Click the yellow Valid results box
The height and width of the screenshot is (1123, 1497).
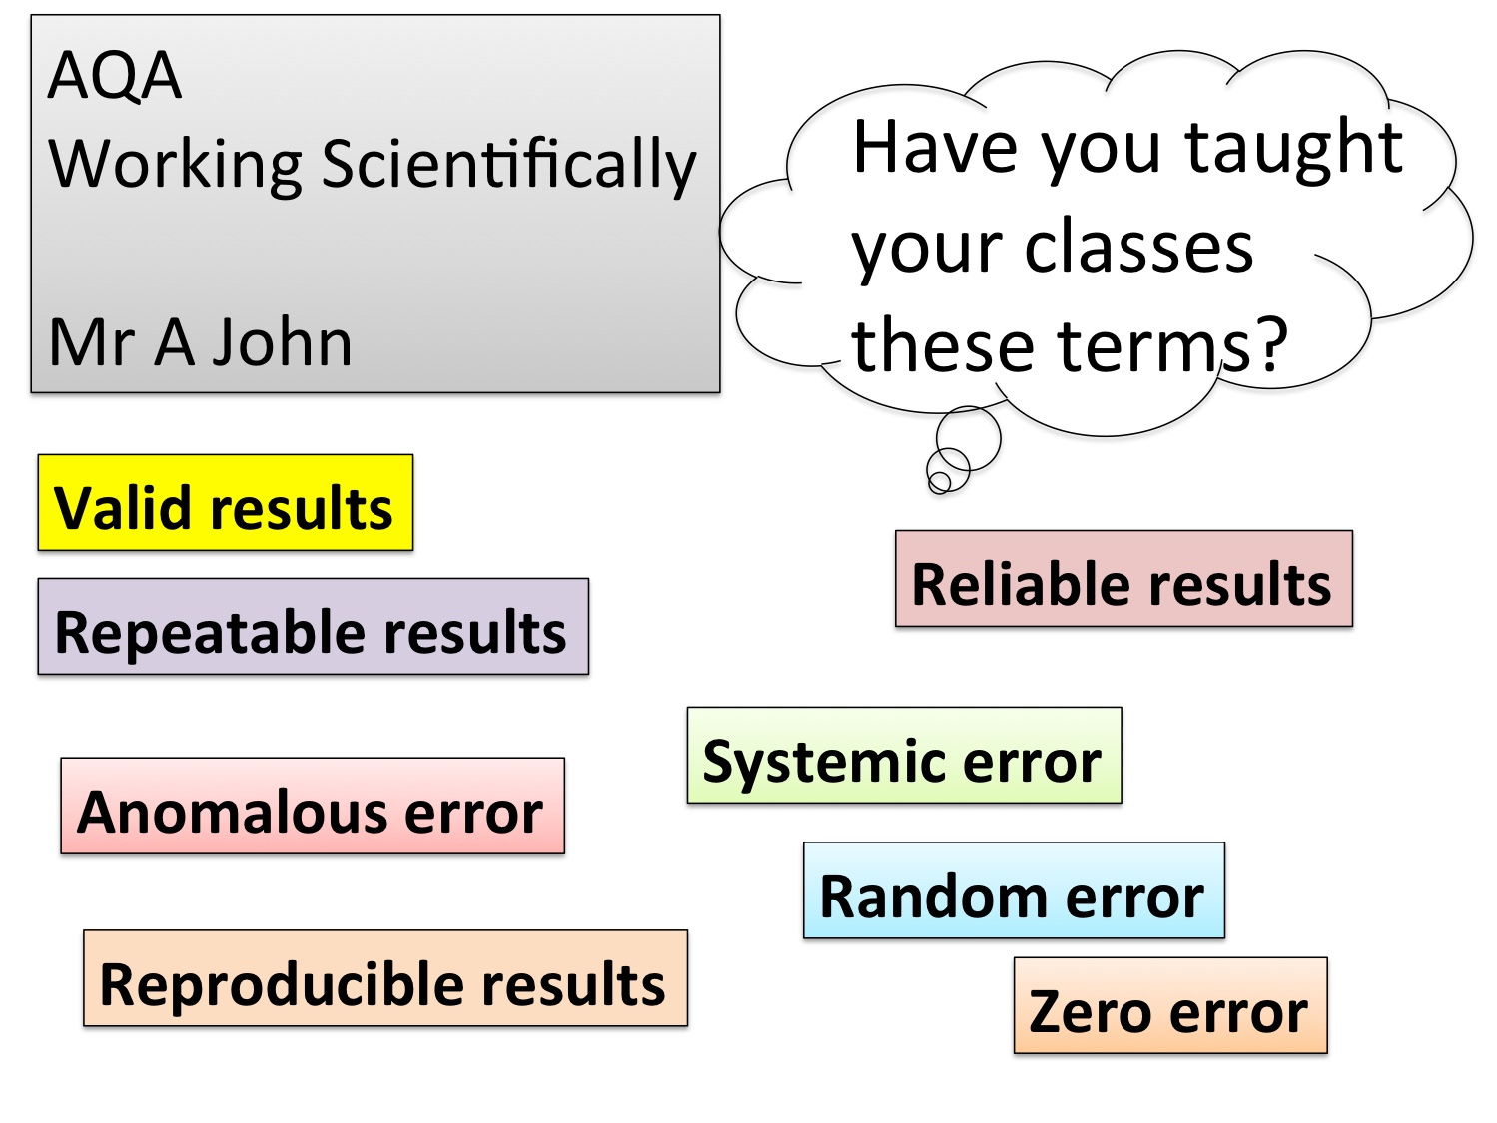225,502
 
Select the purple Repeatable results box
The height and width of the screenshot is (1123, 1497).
313,626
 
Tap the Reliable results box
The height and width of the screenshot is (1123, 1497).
1123,579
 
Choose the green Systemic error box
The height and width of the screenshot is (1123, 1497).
905,755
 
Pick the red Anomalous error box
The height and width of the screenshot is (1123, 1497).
313,806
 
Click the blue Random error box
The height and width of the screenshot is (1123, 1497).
1014,890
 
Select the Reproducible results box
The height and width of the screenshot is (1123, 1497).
385,978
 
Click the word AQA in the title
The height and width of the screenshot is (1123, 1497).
115,75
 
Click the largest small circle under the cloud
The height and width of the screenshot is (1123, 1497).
968,439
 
